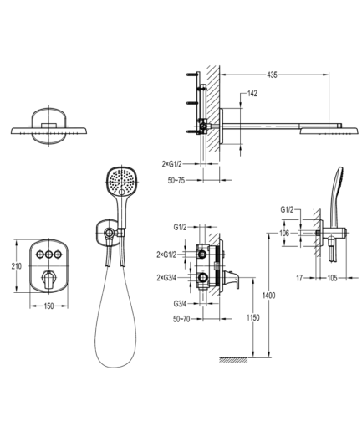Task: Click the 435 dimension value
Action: [x=272, y=75]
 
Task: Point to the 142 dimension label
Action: [x=252, y=94]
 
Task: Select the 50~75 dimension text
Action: [x=176, y=180]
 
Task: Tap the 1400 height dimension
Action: [x=269, y=296]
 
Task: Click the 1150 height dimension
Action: [x=253, y=317]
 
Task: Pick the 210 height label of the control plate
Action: [x=17, y=266]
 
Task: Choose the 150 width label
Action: [x=48, y=306]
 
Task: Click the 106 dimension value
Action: [x=284, y=233]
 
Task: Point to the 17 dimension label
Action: [x=299, y=278]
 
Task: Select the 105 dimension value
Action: [x=332, y=278]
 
